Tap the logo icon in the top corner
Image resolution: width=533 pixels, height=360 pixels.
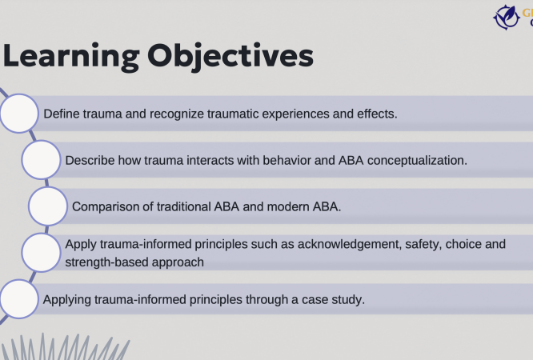click(x=507, y=16)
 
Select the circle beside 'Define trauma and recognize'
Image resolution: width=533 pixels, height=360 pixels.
click(x=18, y=114)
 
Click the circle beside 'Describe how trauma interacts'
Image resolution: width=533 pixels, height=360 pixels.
click(x=41, y=160)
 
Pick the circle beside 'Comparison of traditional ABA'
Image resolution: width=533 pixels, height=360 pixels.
click(x=48, y=206)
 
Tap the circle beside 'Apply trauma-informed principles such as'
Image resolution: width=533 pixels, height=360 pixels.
click(x=41, y=253)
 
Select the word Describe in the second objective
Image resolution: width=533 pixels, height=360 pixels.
click(x=90, y=160)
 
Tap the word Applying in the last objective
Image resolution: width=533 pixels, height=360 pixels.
click(x=67, y=300)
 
